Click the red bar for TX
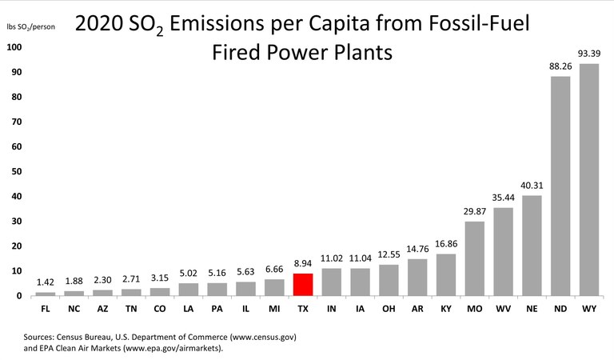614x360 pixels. pyautogui.click(x=303, y=285)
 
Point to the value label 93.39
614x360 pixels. pyautogui.click(x=589, y=55)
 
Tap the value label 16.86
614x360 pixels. pyautogui.click(x=446, y=246)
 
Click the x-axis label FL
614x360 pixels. pyautogui.click(x=46, y=308)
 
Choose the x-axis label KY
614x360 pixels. pyautogui.click(x=446, y=308)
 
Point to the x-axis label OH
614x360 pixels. pyautogui.click(x=389, y=308)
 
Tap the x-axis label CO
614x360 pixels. pyautogui.click(x=160, y=308)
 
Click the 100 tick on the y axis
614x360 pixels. pyautogui.click(x=13, y=47)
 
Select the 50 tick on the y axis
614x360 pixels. pyautogui.click(x=15, y=171)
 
